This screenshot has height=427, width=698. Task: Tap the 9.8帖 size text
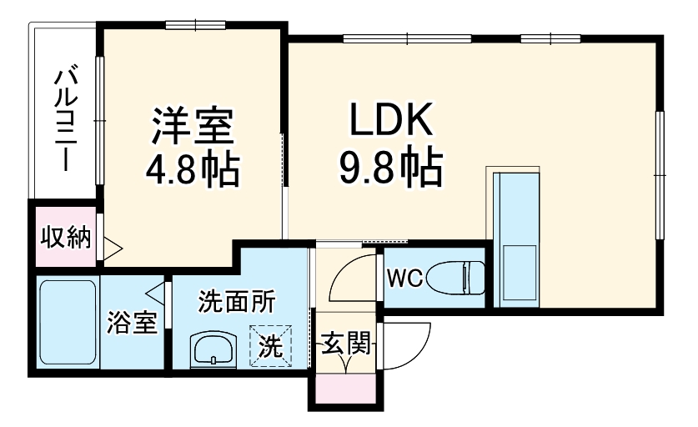(389, 169)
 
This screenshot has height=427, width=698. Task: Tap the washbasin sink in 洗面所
(215, 349)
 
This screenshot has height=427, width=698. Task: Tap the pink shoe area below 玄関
(344, 388)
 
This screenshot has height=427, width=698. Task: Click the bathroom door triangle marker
(154, 294)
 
